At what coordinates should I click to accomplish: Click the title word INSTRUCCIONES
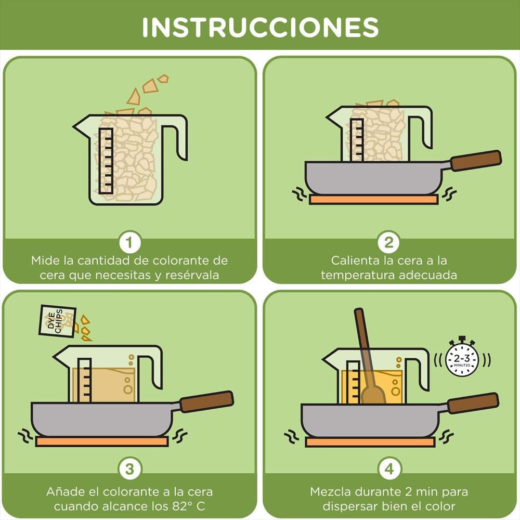(x=261, y=27)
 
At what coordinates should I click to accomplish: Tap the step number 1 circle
(x=129, y=242)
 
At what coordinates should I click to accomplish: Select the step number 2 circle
(x=388, y=242)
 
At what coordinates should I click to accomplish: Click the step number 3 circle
(x=129, y=469)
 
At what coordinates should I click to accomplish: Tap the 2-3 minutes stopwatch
(x=462, y=358)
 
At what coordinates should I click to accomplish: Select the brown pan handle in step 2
(x=476, y=161)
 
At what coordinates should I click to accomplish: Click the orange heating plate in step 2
(x=374, y=199)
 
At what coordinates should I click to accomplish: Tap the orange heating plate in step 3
(x=102, y=441)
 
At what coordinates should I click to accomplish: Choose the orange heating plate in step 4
(x=370, y=442)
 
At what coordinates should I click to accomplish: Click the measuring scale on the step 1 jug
(x=106, y=161)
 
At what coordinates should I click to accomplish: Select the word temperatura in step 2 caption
(x=357, y=275)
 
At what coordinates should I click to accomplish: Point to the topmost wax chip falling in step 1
(x=163, y=79)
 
